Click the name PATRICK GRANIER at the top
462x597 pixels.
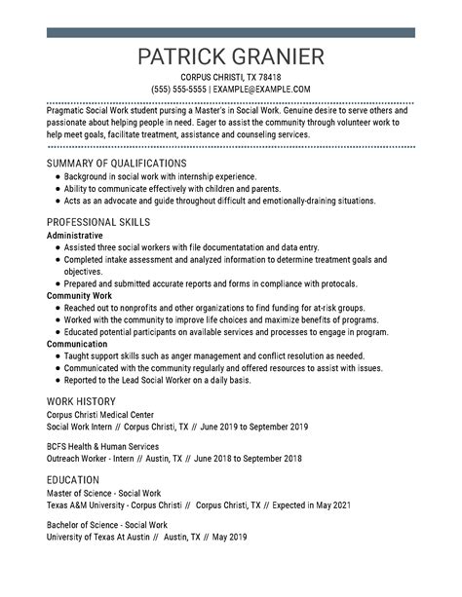click(231, 56)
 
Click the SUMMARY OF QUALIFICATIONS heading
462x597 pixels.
click(116, 163)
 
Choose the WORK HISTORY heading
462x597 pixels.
click(81, 401)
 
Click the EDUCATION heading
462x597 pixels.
click(73, 480)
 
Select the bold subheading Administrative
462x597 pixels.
click(74, 236)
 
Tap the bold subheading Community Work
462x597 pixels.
click(79, 295)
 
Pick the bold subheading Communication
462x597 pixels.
click(77, 343)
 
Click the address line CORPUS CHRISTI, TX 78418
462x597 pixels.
click(231, 77)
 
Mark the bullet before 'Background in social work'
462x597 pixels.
click(58, 176)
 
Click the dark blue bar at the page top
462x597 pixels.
click(231, 33)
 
